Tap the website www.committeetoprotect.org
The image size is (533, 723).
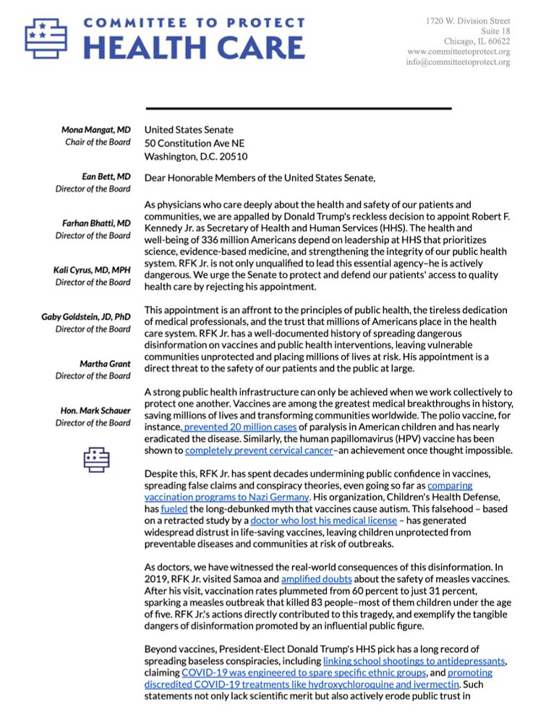459,52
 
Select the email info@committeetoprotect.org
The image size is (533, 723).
458,62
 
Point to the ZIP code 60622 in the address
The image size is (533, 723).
498,41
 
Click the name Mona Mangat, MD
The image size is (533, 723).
96,130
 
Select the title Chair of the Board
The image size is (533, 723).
97,142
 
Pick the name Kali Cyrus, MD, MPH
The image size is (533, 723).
92,270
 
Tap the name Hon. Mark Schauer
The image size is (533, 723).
95,411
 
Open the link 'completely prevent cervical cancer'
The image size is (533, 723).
259,450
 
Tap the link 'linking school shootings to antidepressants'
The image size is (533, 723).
416,661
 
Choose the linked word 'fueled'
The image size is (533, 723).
174,509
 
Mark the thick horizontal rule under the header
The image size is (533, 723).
298,108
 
